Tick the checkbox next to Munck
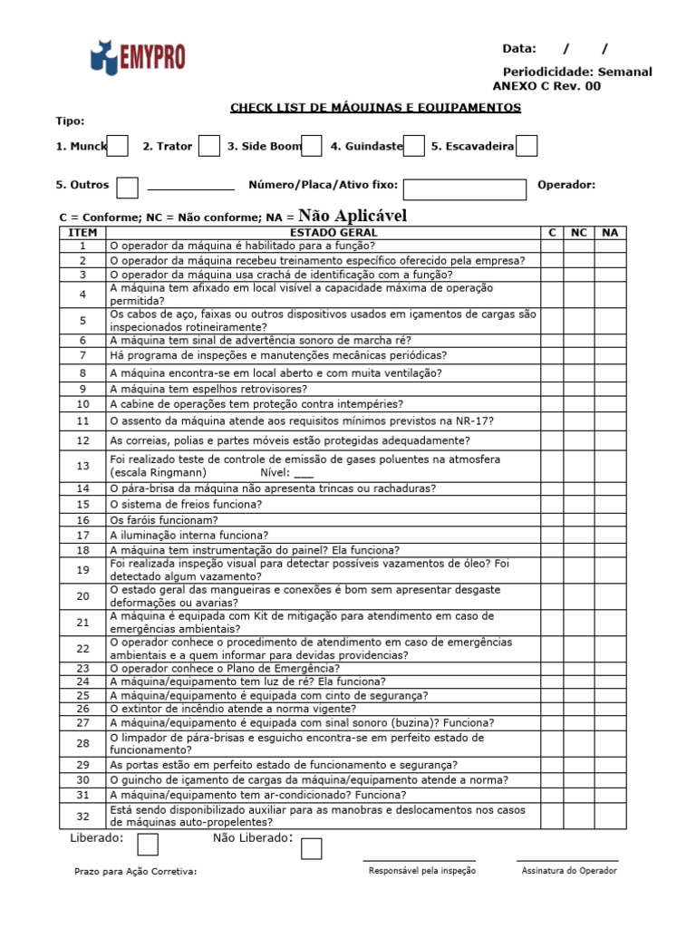(117, 146)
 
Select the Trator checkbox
(208, 146)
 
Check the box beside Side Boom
(311, 146)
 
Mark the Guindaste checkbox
(413, 146)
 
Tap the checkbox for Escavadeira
(527, 146)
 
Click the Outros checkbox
(128, 188)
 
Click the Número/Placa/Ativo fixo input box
(464, 188)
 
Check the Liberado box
(148, 844)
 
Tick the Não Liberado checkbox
(311, 848)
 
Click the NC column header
(578, 233)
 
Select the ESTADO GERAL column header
(324, 233)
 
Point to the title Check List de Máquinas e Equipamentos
(375, 108)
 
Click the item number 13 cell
(82, 466)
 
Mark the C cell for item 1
(552, 246)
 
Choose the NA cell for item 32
(610, 816)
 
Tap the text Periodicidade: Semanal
(576, 72)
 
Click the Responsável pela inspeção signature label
(421, 871)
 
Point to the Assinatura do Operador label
(569, 871)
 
